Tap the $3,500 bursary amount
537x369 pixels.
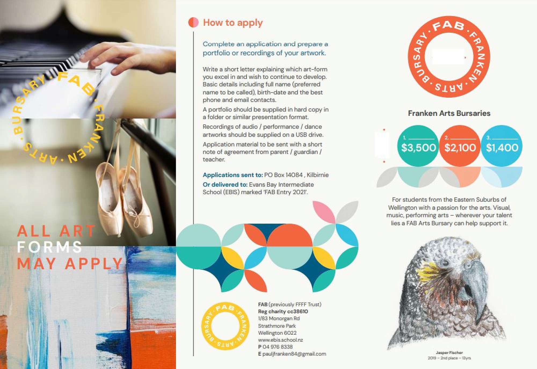(418, 148)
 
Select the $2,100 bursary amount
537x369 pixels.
(460, 148)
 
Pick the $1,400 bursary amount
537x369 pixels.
(502, 148)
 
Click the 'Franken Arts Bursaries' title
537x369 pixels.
(449, 113)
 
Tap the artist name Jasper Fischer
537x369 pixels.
(449, 353)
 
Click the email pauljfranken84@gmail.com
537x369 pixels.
(294, 354)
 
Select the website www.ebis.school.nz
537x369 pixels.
(280, 340)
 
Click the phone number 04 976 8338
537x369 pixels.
(278, 347)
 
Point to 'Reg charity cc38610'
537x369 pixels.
(283, 312)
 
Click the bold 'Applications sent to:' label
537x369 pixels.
(233, 175)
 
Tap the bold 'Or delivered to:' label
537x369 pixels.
(225, 185)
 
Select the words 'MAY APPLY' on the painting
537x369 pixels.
(70, 264)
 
